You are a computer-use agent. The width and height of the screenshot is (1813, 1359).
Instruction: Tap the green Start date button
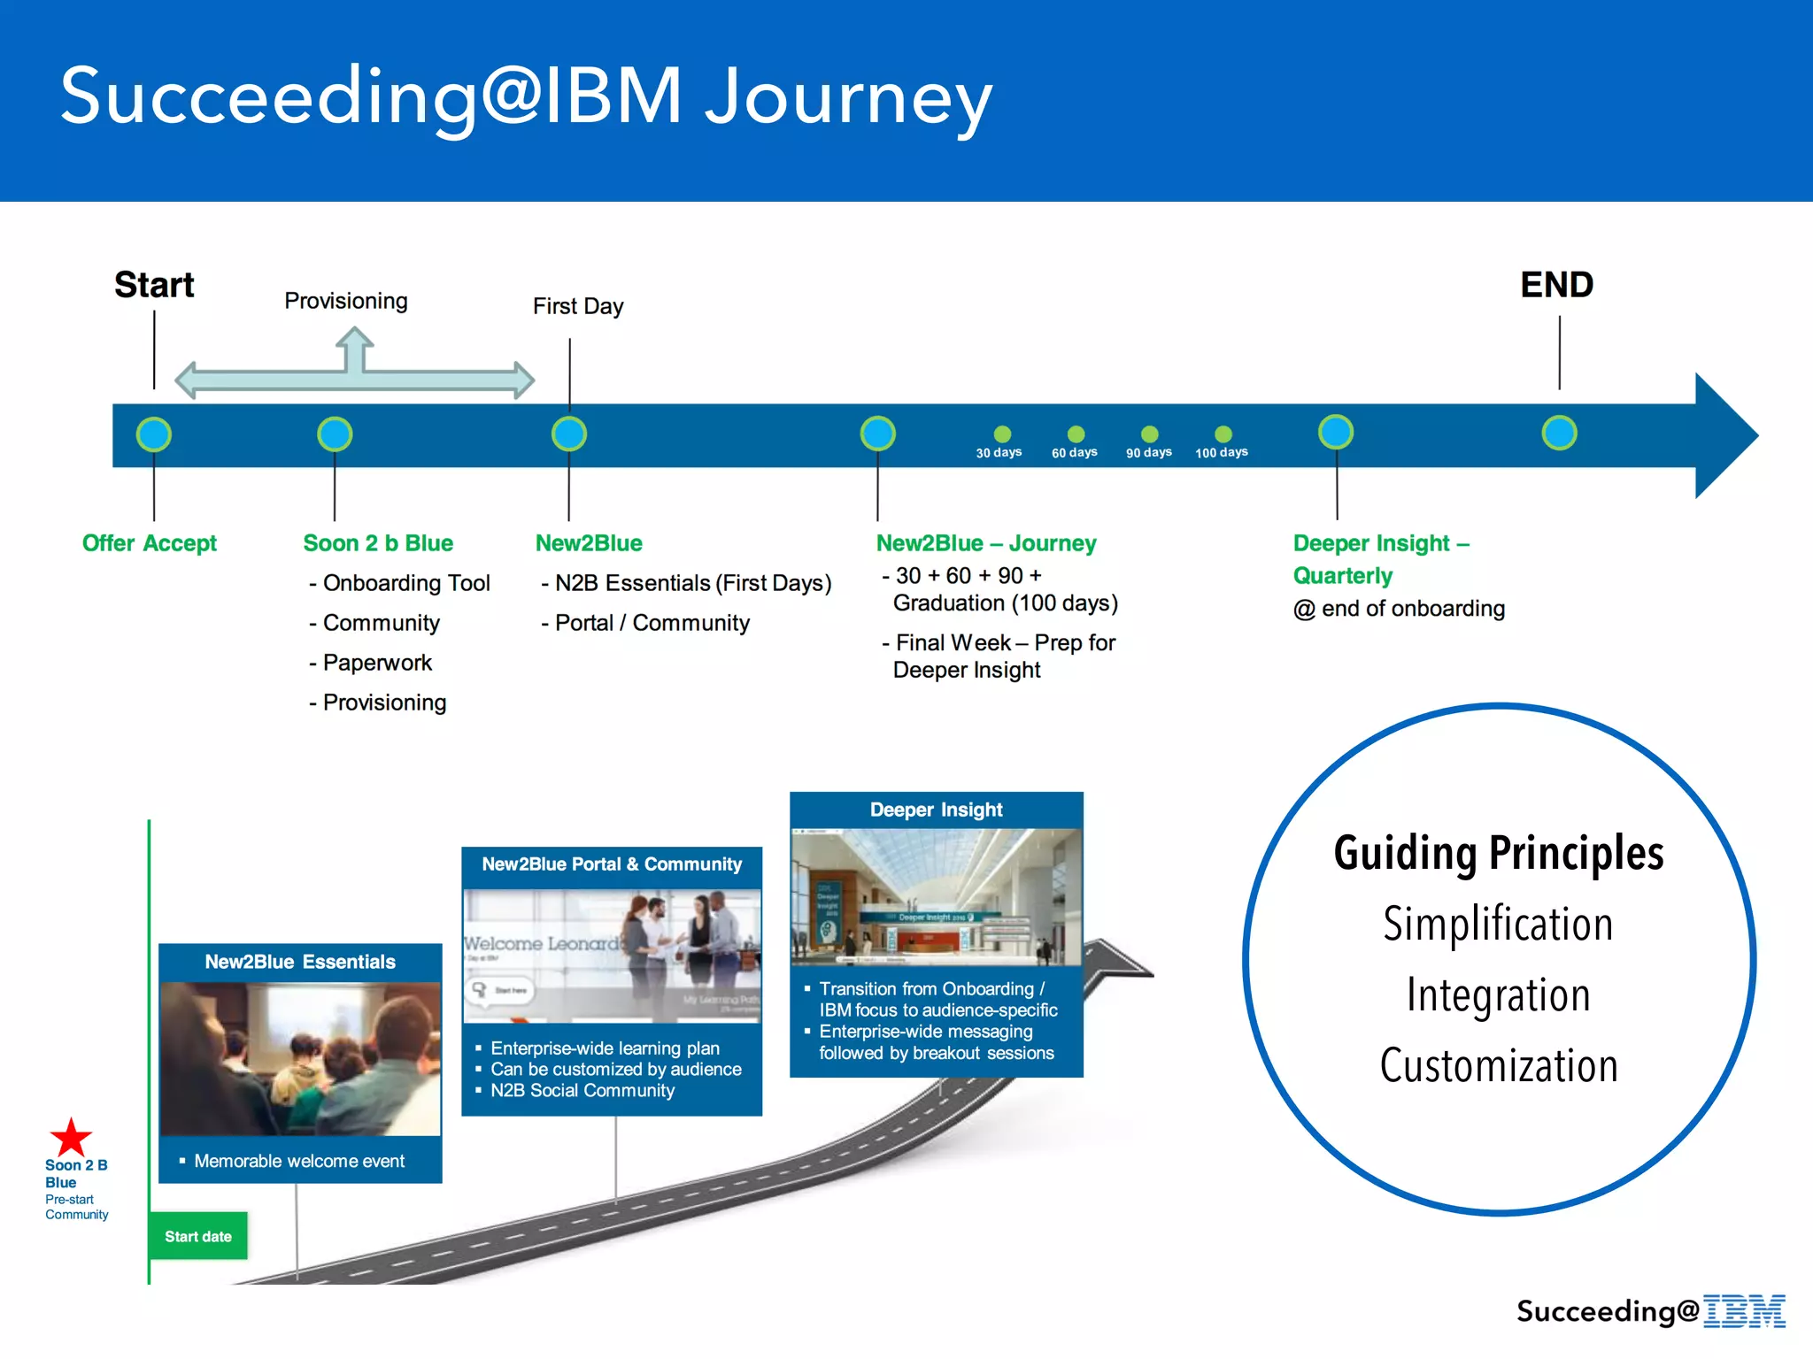(x=198, y=1236)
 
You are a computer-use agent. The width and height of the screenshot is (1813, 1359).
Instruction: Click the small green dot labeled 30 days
(x=1002, y=434)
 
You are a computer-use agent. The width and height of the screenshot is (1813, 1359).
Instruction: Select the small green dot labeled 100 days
(x=1223, y=434)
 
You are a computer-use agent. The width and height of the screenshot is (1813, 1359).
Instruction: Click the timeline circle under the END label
(x=1559, y=434)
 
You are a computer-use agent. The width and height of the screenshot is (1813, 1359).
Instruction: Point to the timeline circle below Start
(x=154, y=434)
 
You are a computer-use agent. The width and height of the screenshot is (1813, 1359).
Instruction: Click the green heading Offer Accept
(x=149, y=543)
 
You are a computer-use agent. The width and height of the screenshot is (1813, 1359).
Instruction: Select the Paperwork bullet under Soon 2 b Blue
(x=376, y=663)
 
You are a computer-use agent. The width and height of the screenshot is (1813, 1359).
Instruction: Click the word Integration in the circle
(x=1499, y=994)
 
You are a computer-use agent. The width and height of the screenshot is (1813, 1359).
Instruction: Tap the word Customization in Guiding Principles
(x=1499, y=1065)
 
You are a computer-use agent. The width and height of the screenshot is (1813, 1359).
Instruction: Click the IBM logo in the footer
(x=1744, y=1310)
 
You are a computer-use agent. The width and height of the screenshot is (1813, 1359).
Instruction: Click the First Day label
(x=578, y=306)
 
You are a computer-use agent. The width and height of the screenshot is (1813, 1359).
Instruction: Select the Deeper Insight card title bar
(x=936, y=810)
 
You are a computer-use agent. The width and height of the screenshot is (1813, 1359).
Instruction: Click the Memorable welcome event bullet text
(x=299, y=1161)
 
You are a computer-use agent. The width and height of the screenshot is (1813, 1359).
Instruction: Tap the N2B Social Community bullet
(x=582, y=1091)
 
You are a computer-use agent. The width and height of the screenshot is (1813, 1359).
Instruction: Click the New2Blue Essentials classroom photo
(x=300, y=1058)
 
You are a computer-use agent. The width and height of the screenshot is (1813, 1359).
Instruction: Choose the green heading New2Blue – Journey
(x=986, y=543)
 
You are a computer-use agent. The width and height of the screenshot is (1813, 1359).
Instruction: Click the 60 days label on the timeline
(x=1074, y=453)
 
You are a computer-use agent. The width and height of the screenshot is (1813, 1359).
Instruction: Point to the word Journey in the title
(x=848, y=97)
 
